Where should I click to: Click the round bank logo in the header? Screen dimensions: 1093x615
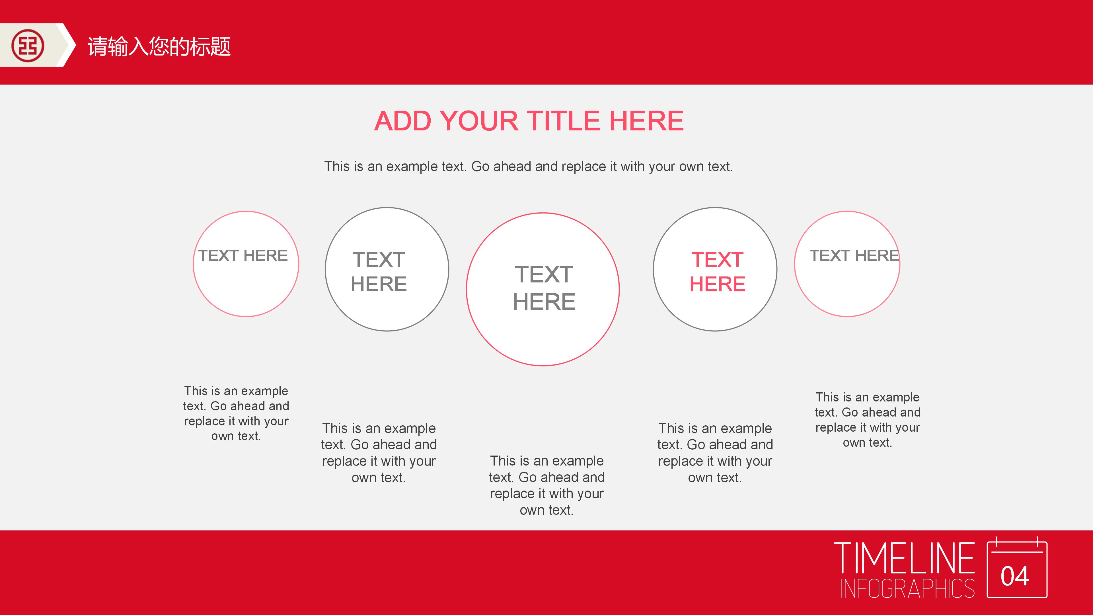tap(28, 46)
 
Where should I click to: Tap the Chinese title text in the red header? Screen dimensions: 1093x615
tap(159, 46)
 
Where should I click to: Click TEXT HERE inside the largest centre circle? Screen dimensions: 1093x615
tap(544, 288)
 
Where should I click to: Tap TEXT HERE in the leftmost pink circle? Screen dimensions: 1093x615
tap(243, 255)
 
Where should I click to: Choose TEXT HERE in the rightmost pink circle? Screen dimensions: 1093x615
tap(854, 255)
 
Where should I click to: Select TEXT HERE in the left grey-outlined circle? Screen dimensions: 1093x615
tap(379, 272)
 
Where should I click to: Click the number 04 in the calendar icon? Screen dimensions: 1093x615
tap(1015, 576)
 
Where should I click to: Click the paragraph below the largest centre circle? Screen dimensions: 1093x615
tap(547, 485)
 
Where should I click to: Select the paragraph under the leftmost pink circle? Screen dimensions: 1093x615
tap(236, 413)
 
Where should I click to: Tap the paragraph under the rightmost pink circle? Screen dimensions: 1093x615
tap(868, 420)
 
